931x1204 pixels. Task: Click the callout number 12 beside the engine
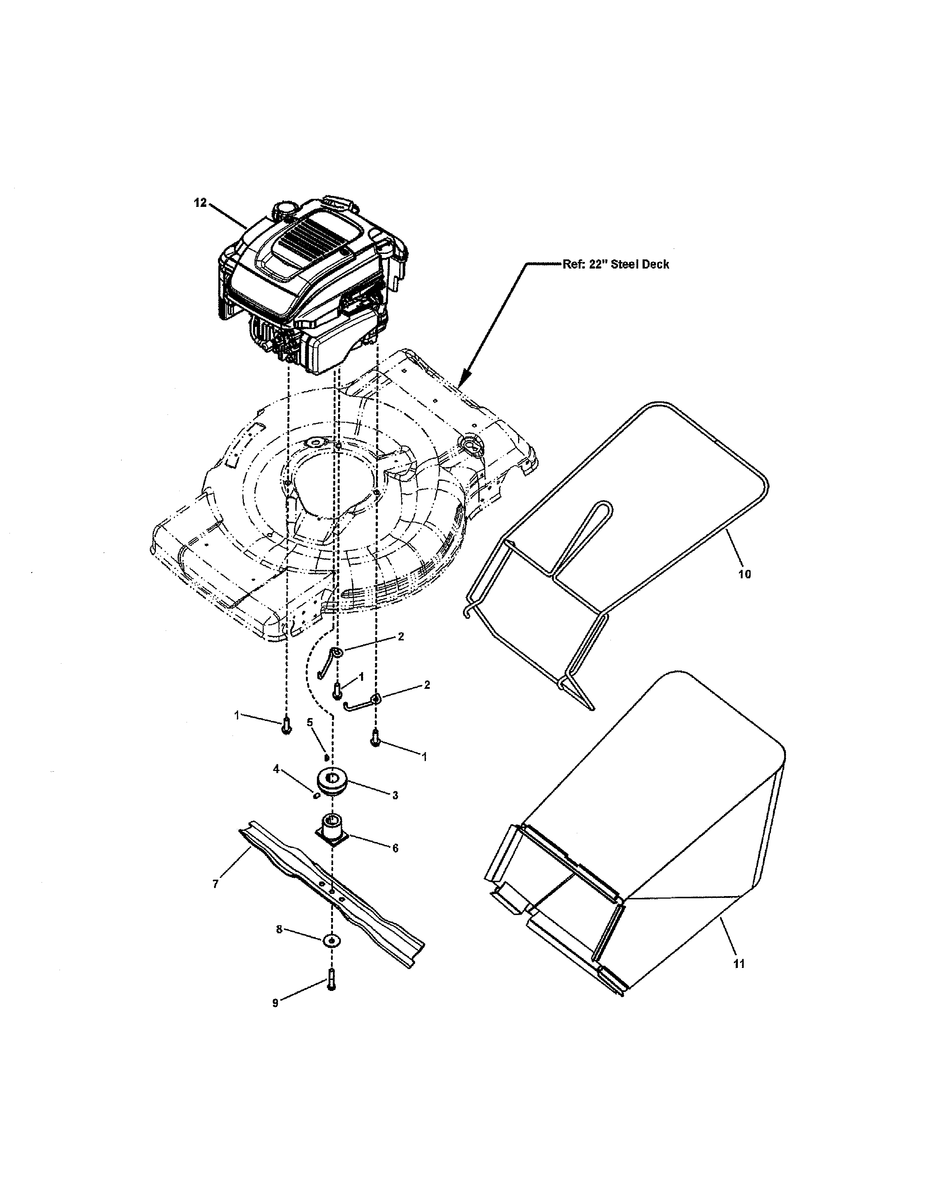[200, 203]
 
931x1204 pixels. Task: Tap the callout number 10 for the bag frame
[744, 574]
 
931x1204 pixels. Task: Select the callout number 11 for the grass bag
[739, 964]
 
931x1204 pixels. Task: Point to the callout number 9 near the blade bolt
[275, 1003]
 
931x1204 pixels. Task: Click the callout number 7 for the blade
[216, 884]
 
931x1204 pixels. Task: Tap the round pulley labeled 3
[332, 781]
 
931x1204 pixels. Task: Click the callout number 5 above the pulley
[309, 722]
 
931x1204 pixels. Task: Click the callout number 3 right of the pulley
[395, 795]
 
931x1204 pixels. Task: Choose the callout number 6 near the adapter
[395, 848]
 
